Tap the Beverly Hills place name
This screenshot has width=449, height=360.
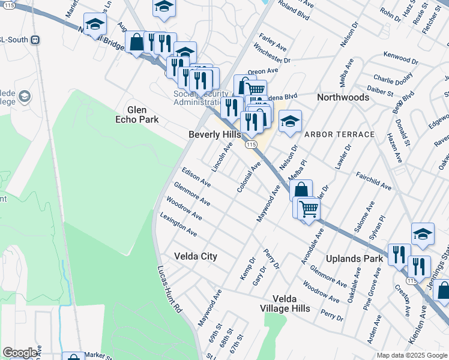click(214, 135)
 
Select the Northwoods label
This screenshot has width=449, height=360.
click(343, 97)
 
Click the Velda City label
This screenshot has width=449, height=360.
click(195, 256)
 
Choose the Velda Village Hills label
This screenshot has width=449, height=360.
click(291, 303)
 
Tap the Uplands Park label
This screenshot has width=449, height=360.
click(354, 259)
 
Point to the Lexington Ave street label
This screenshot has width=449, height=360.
click(178, 223)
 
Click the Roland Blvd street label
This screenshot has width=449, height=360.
click(294, 14)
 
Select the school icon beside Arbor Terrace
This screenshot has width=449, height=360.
click(290, 122)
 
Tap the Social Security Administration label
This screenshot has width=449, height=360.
click(202, 97)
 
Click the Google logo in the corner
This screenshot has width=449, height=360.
click(20, 353)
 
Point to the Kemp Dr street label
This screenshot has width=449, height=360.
click(248, 269)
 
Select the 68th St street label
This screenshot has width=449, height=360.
click(224, 343)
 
